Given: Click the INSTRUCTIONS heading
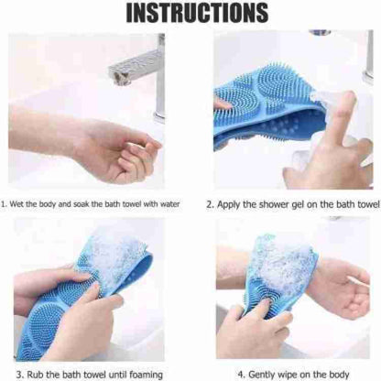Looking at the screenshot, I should [190, 15].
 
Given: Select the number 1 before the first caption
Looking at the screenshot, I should [4, 205].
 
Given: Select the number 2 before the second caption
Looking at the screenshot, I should [210, 205].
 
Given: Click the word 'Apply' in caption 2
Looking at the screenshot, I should [230, 205].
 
